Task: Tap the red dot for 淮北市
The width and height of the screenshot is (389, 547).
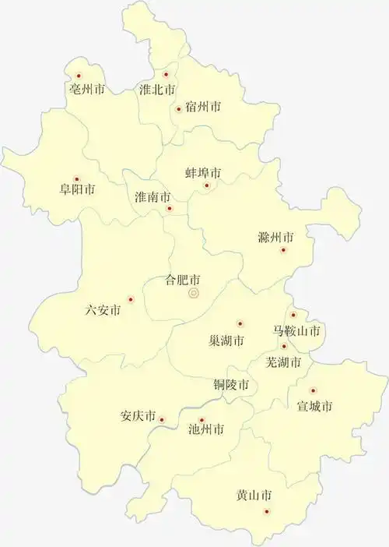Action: [166, 75]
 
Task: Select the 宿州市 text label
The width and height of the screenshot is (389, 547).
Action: [203, 107]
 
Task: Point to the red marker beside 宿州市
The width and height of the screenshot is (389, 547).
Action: [179, 109]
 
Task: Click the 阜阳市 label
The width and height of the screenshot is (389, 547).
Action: [77, 189]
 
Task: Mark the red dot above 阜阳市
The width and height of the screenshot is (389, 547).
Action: [76, 178]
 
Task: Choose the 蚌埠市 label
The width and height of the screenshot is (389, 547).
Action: [202, 172]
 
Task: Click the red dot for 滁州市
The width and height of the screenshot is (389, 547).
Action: [283, 250]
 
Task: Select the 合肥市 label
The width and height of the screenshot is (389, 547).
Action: [184, 279]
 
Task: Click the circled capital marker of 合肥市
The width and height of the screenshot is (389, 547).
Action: [194, 293]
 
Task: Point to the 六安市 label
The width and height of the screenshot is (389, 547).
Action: [103, 310]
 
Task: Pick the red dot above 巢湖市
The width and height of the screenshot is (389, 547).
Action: [240, 323]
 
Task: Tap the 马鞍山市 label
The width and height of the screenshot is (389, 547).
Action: [296, 330]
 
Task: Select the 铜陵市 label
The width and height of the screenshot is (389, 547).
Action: [233, 385]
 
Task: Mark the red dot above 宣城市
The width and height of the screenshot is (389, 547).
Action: [314, 390]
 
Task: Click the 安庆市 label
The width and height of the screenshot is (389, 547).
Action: [138, 415]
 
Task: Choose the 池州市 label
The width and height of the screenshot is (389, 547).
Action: [207, 429]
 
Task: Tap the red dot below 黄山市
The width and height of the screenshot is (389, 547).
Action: [266, 511]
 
